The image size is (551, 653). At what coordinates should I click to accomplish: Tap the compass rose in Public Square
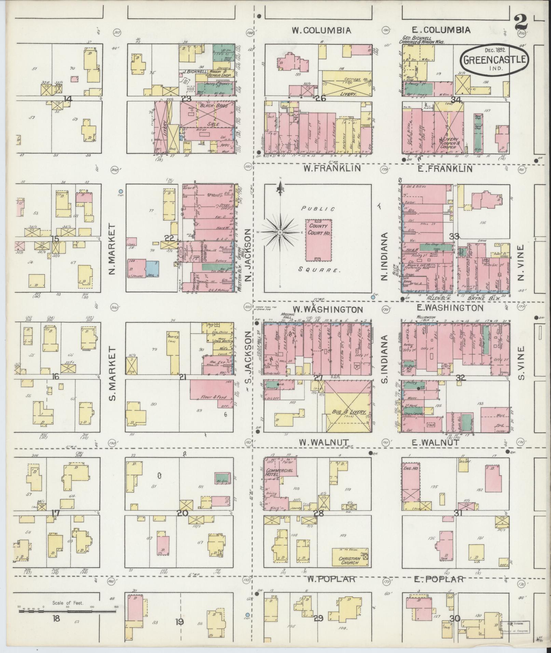coord(280,232)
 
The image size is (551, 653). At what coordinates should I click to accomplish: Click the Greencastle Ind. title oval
coord(494,60)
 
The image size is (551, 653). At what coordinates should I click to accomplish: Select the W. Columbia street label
coord(321,30)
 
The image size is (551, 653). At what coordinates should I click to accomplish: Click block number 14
coord(68,99)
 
